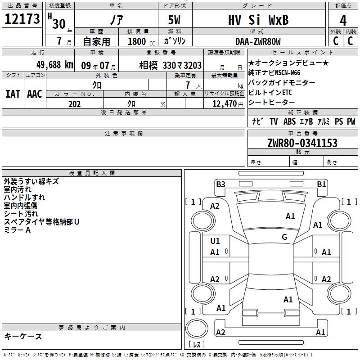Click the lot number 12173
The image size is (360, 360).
22,18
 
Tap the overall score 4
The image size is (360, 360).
343,21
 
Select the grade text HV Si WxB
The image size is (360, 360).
258,20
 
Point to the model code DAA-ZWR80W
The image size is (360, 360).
258,41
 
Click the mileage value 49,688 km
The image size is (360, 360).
54,65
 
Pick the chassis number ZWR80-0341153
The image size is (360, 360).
302,143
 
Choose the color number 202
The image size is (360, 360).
74,104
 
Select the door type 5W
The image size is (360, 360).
174,20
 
